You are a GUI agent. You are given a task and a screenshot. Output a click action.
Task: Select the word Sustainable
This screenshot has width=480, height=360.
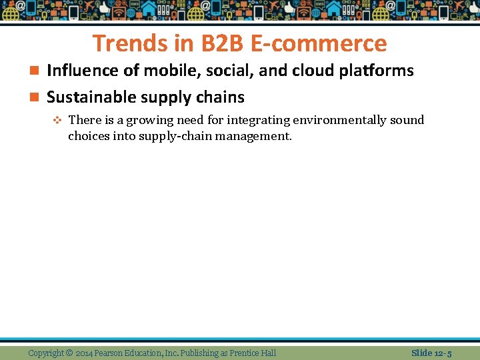[x=84, y=97]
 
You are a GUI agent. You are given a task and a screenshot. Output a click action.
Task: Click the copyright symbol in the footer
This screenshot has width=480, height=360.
[x=69, y=353]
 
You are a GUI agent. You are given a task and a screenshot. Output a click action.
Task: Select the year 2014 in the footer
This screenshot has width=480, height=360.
[x=85, y=353]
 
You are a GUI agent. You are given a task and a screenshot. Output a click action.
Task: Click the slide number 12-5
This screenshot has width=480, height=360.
[x=442, y=353]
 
